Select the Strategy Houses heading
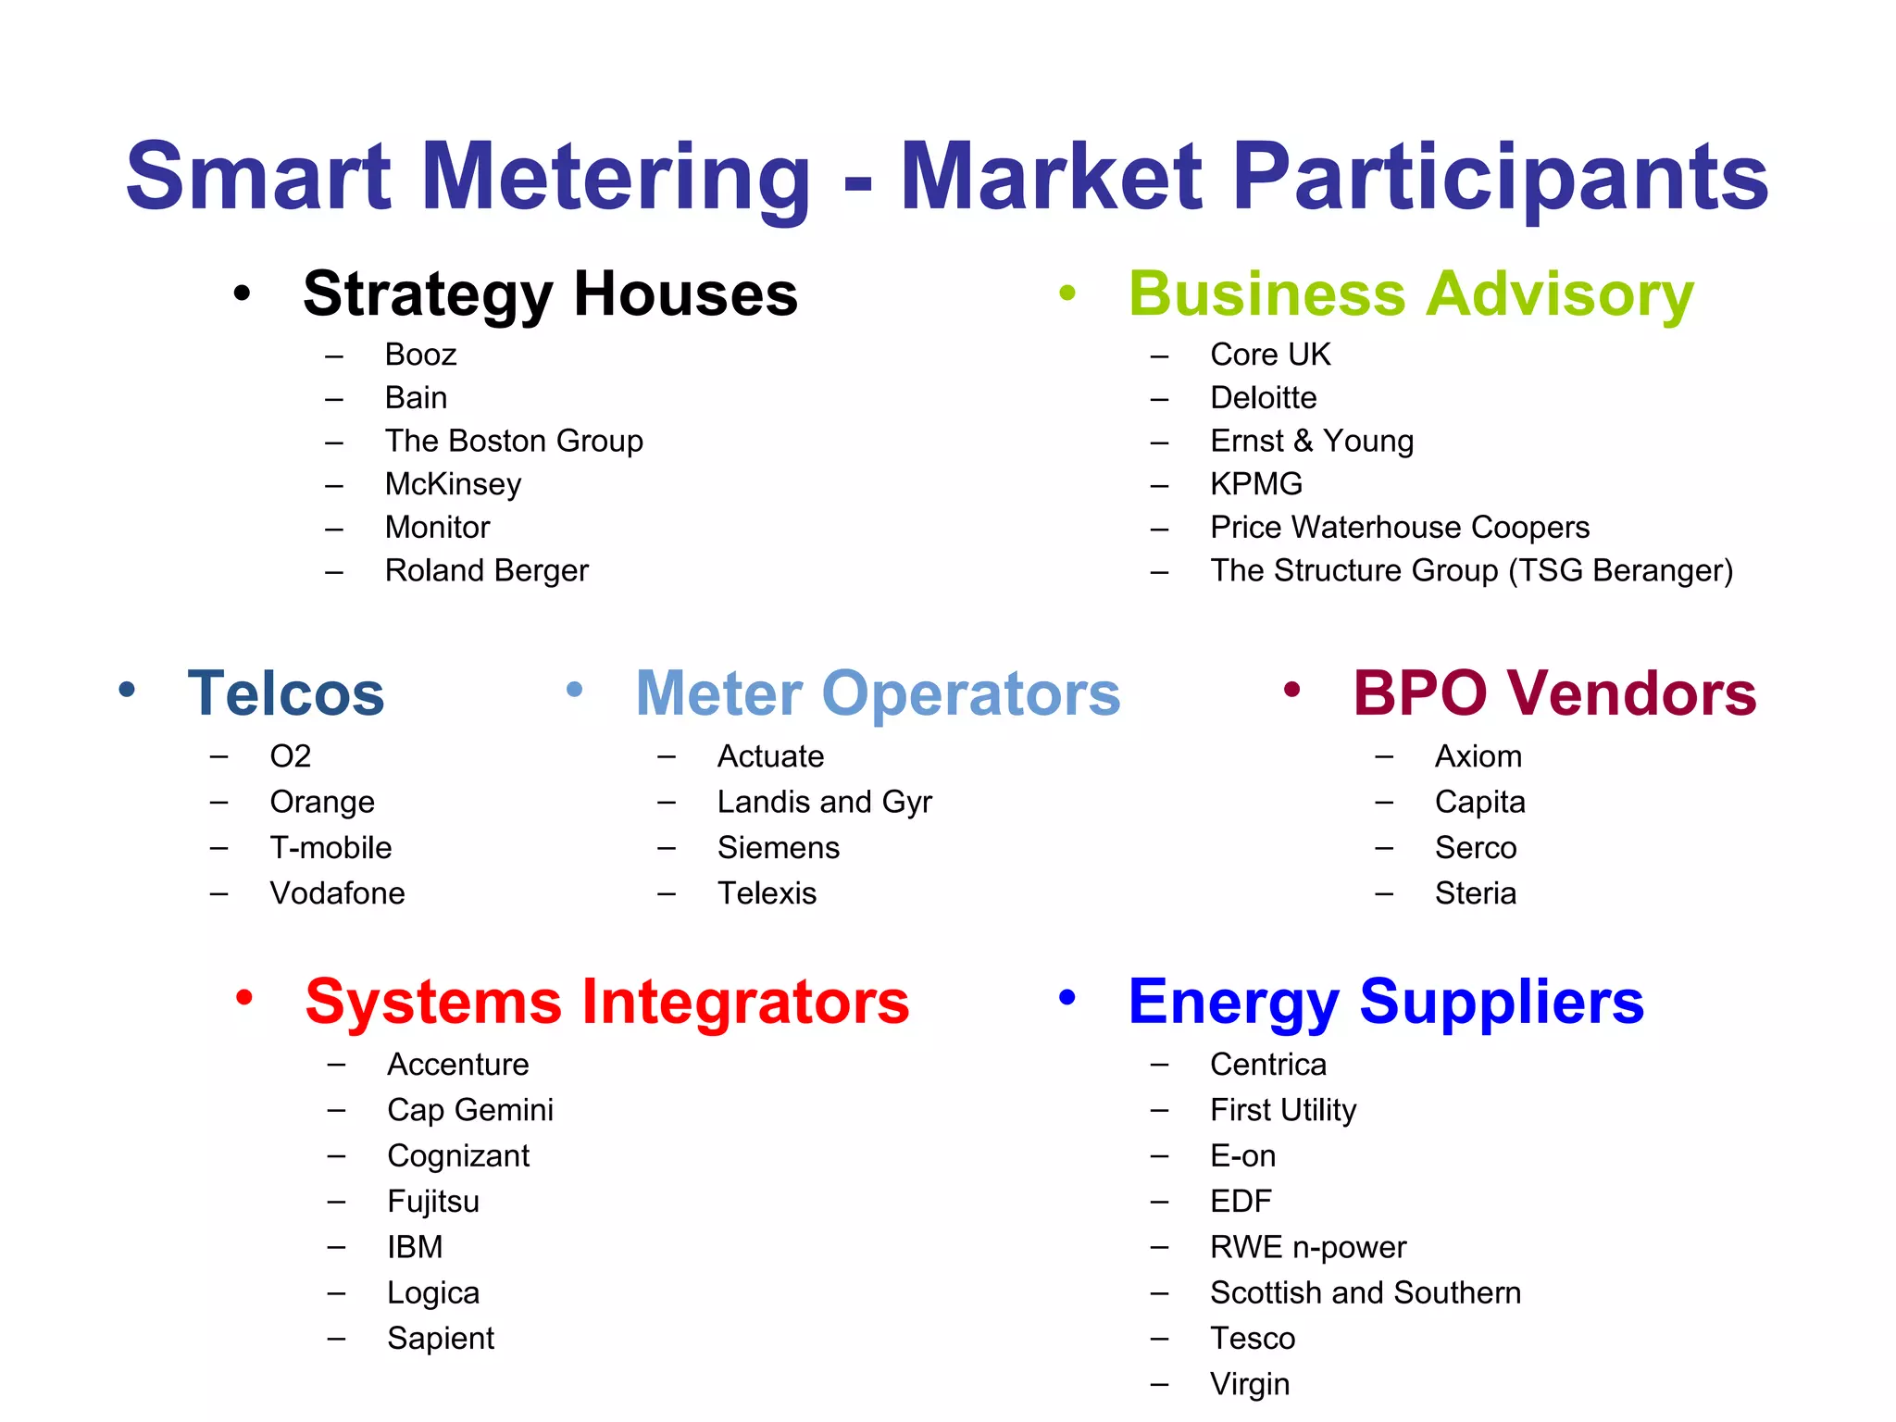pos(550,293)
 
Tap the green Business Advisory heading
pos(1411,293)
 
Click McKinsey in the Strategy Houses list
pos(453,484)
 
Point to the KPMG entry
pos(1255,484)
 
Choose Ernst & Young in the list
pos(1311,441)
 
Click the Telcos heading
pos(285,693)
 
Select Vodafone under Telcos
pos(337,893)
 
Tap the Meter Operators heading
pos(878,693)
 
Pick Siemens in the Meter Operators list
pos(778,848)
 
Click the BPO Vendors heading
pos(1554,693)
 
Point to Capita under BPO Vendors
pos(1479,802)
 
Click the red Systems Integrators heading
pos(606,1002)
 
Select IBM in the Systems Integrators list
pos(415,1247)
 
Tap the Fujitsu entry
pos(433,1202)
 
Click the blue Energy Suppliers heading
pos(1385,1002)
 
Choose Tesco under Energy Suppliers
pos(1252,1339)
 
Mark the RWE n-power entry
pos(1307,1247)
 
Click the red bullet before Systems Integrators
pos(244,998)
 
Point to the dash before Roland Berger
pos(334,572)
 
